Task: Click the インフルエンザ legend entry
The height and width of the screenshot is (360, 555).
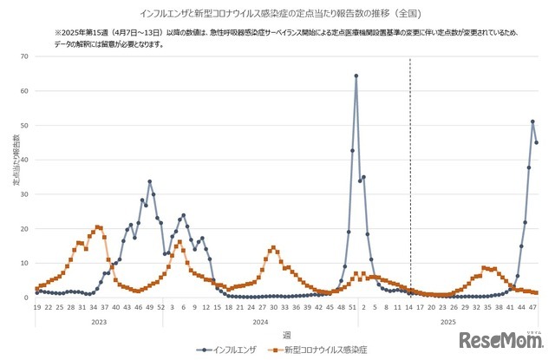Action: click(x=231, y=350)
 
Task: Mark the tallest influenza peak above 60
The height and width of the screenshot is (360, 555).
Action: click(x=356, y=76)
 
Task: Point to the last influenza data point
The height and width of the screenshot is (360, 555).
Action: click(x=537, y=142)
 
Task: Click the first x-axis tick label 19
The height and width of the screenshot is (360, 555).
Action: click(x=37, y=307)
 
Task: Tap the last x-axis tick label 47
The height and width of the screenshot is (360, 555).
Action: click(x=535, y=307)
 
